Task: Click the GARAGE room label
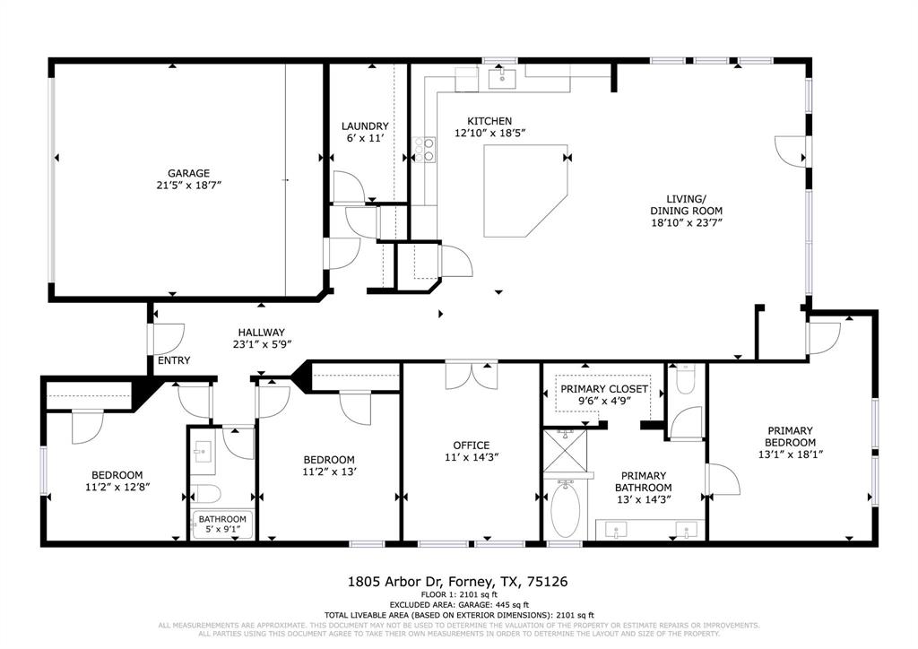point(188,173)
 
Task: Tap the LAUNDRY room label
point(365,126)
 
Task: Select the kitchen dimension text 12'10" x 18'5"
point(489,133)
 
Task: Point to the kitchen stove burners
point(423,150)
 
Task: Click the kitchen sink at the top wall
point(503,79)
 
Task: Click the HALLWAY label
point(261,332)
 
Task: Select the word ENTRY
point(173,360)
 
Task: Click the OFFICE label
point(471,446)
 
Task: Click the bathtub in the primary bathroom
point(565,508)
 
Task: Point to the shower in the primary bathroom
point(567,453)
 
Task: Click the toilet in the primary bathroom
point(686,380)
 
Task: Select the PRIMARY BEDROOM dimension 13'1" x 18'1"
point(790,454)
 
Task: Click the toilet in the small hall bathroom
point(205,494)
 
